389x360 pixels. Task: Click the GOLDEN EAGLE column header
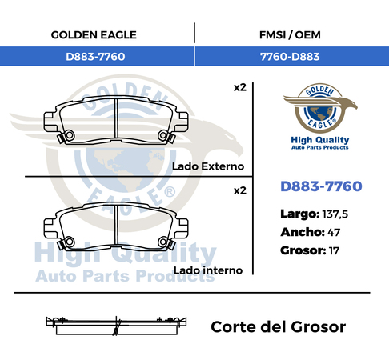coord(94,35)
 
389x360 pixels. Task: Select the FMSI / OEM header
coord(290,35)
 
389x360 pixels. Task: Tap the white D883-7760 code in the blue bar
coord(95,57)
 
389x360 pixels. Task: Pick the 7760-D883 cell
coord(290,57)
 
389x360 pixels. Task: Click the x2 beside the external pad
coord(240,88)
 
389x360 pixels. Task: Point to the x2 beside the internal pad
coord(240,191)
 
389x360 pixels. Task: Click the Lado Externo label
coord(208,166)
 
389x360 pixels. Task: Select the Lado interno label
coord(208,270)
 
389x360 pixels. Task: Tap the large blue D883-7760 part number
coord(321,186)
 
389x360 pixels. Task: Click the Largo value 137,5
coord(335,214)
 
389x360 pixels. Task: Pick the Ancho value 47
coord(334,233)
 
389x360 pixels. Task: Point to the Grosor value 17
coord(334,251)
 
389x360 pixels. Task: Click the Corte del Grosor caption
coord(279,327)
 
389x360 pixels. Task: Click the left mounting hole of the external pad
coord(70,135)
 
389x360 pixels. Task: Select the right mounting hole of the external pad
coord(162,135)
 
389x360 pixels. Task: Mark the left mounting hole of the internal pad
coord(70,242)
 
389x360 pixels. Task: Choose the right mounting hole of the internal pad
coord(162,242)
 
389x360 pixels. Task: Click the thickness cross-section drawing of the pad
coord(116,326)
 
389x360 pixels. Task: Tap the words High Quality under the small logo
coord(320,140)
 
